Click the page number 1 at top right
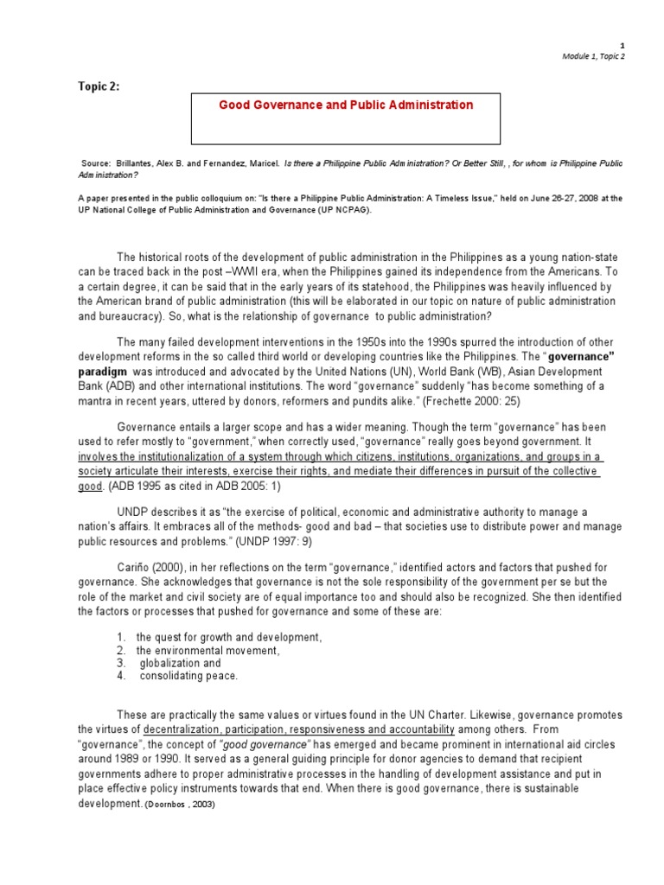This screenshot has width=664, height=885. (x=622, y=44)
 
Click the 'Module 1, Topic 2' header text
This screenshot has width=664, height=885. (x=592, y=56)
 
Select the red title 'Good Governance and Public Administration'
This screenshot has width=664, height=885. (x=346, y=105)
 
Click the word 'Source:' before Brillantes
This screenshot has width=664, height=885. (x=99, y=163)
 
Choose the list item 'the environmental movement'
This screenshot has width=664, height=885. (x=207, y=650)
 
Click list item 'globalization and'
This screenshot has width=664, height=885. (x=181, y=663)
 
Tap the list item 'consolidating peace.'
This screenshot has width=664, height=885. (x=188, y=676)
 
